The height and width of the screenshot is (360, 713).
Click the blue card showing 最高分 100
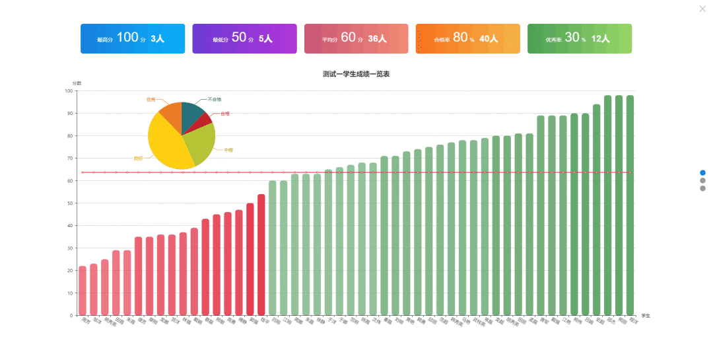click(133, 39)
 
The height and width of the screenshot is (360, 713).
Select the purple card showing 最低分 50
click(244, 39)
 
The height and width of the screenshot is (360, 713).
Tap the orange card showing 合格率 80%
click(468, 39)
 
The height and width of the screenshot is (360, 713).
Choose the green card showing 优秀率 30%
click(580, 39)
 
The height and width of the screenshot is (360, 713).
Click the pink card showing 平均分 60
click(356, 39)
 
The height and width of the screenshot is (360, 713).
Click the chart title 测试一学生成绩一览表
click(356, 74)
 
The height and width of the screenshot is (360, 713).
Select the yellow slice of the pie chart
click(165, 142)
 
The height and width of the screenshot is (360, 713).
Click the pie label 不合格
click(215, 99)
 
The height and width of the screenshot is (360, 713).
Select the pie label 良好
click(138, 159)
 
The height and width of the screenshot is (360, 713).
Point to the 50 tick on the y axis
click(69, 203)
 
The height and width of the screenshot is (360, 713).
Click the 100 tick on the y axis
click(69, 91)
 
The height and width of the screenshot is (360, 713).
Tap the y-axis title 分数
click(77, 83)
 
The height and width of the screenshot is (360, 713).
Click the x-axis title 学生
click(645, 316)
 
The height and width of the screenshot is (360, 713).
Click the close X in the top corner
click(702, 9)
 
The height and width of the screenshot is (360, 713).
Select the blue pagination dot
click(702, 172)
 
